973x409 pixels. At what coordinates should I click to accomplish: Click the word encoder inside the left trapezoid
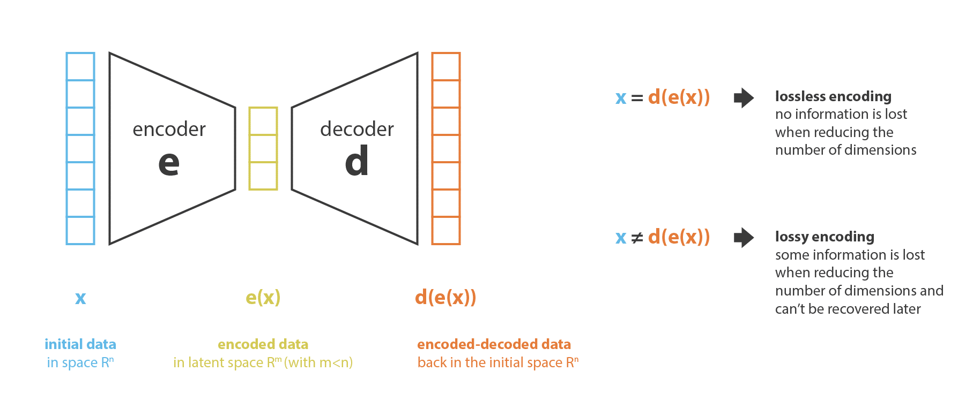click(169, 129)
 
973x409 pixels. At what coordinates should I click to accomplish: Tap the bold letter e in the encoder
click(169, 163)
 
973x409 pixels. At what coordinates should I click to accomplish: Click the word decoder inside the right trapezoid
click(357, 129)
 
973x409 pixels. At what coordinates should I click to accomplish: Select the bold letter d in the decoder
click(357, 161)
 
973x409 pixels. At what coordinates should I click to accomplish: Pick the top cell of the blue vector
click(80, 66)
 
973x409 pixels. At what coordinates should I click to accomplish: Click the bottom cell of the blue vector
click(80, 231)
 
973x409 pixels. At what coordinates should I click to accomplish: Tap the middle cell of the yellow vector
click(263, 148)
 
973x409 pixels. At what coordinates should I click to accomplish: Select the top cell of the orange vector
click(446, 66)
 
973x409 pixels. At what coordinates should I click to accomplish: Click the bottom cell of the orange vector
click(446, 231)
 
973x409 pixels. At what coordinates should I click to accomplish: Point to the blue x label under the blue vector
click(80, 298)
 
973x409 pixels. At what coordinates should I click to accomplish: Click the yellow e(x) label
click(263, 297)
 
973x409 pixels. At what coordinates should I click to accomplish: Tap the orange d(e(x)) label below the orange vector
click(445, 297)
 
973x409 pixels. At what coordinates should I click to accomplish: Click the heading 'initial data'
click(80, 344)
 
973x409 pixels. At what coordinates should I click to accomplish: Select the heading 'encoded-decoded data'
click(494, 344)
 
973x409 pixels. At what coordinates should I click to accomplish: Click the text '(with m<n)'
click(318, 363)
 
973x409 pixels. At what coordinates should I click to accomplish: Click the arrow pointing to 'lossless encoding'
click(744, 98)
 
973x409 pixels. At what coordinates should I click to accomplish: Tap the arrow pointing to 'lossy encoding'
click(744, 237)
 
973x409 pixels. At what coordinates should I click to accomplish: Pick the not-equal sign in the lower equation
click(637, 238)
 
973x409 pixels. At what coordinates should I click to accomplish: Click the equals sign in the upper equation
click(637, 99)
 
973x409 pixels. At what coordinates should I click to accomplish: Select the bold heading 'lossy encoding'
click(825, 237)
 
